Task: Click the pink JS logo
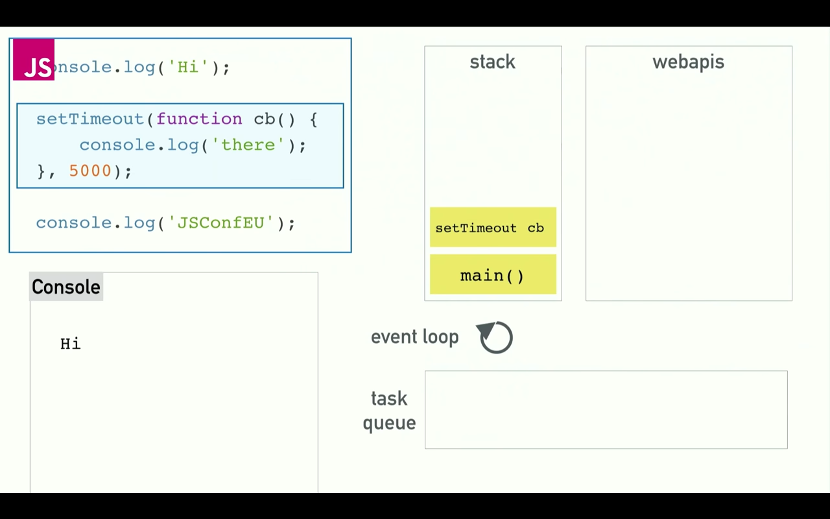pyautogui.click(x=34, y=60)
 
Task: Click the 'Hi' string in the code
pyautogui.click(x=188, y=67)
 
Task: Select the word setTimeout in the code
pyautogui.click(x=90, y=119)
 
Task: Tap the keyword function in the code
pyautogui.click(x=199, y=119)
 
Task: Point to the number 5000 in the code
pyautogui.click(x=90, y=171)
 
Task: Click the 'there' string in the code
pyautogui.click(x=248, y=145)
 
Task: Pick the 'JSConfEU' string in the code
pyautogui.click(x=221, y=223)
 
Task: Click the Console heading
pyautogui.click(x=66, y=287)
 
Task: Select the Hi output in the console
pyautogui.click(x=71, y=344)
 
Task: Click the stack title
pyautogui.click(x=492, y=62)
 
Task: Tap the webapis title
pyautogui.click(x=688, y=62)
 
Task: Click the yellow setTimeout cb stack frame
pyautogui.click(x=493, y=227)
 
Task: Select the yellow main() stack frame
pyautogui.click(x=493, y=275)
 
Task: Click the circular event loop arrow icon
pyautogui.click(x=496, y=337)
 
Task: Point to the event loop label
pyautogui.click(x=414, y=337)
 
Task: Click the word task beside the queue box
pyautogui.click(x=389, y=398)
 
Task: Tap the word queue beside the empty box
pyautogui.click(x=389, y=423)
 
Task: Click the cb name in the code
pyautogui.click(x=265, y=119)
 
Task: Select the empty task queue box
pyautogui.click(x=606, y=409)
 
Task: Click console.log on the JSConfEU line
pyautogui.click(x=95, y=223)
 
